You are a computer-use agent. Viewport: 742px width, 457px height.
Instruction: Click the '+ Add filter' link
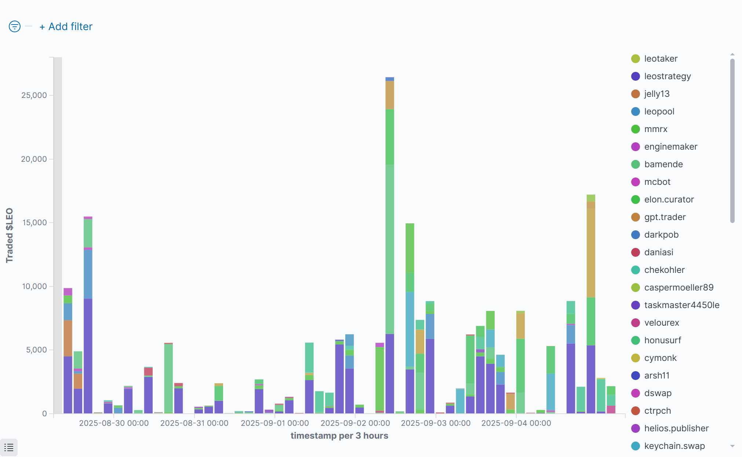click(x=66, y=27)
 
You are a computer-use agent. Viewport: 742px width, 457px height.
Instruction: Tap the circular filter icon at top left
click(x=15, y=26)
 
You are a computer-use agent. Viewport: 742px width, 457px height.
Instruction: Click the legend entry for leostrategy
click(x=667, y=76)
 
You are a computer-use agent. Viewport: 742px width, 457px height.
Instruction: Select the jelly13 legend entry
click(x=656, y=94)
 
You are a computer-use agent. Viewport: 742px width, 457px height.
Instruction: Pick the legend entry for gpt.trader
click(x=665, y=217)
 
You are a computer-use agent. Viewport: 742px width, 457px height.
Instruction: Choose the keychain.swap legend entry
click(x=674, y=446)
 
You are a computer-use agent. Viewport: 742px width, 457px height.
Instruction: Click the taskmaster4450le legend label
click(x=681, y=305)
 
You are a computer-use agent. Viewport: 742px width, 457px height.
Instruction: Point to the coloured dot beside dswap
click(x=636, y=393)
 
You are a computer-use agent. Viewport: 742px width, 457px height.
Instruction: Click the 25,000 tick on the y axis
click(x=34, y=95)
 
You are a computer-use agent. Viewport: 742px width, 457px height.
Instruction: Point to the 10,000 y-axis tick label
click(x=34, y=286)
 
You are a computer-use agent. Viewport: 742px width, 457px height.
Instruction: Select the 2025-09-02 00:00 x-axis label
click(x=355, y=423)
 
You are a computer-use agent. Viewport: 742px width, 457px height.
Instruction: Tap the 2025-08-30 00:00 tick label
click(x=114, y=423)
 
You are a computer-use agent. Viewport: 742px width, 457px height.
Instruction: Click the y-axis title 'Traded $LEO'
click(x=10, y=235)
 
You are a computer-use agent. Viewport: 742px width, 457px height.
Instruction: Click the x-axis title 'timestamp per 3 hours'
click(x=339, y=436)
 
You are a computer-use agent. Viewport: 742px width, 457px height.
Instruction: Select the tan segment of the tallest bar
click(x=390, y=95)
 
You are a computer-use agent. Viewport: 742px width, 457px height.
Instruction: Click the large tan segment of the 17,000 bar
click(x=591, y=253)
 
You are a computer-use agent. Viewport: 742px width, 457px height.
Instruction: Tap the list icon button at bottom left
click(x=9, y=447)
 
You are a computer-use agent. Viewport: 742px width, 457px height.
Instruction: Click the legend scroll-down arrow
click(x=732, y=446)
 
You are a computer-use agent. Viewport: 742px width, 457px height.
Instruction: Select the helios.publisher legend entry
click(x=676, y=428)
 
